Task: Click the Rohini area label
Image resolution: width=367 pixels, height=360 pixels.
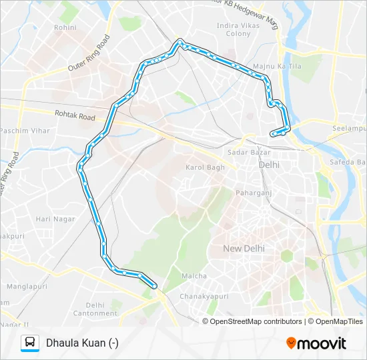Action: [65, 28]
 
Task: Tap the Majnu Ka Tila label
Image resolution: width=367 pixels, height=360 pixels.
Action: [270, 67]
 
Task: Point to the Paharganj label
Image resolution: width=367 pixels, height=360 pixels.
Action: [252, 193]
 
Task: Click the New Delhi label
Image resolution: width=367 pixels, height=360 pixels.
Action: [244, 248]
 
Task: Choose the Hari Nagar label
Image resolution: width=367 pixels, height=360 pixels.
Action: [52, 219]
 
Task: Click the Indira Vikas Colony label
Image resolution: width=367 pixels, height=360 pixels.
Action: [234, 29]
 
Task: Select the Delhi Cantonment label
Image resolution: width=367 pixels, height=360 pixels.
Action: [95, 309]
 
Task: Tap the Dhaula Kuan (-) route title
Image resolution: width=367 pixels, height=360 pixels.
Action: [82, 343]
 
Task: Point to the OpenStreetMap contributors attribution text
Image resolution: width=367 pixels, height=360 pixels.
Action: [254, 321]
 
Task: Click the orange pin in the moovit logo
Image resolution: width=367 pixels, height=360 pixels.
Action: [291, 343]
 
